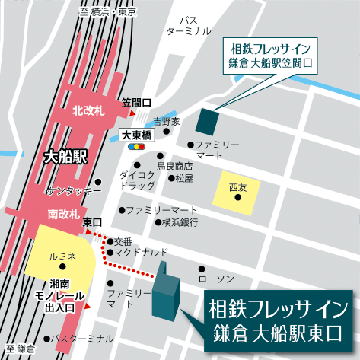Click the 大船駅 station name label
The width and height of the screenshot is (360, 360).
(67, 158)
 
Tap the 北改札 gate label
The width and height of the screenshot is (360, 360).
(88, 110)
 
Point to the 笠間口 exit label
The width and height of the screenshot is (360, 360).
(137, 102)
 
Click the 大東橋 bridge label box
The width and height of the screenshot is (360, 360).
(137, 134)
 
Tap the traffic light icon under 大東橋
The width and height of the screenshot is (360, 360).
(137, 145)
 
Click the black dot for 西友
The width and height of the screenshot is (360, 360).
(237, 198)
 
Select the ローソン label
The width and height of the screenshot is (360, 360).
(225, 279)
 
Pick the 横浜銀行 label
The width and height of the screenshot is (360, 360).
(180, 222)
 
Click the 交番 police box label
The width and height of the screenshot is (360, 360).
(132, 241)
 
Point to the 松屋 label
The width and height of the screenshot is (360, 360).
(184, 178)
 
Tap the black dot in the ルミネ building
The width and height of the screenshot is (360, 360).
(63, 266)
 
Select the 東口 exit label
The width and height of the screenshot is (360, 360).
(92, 221)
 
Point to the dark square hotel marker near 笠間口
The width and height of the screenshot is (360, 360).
(206, 119)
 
